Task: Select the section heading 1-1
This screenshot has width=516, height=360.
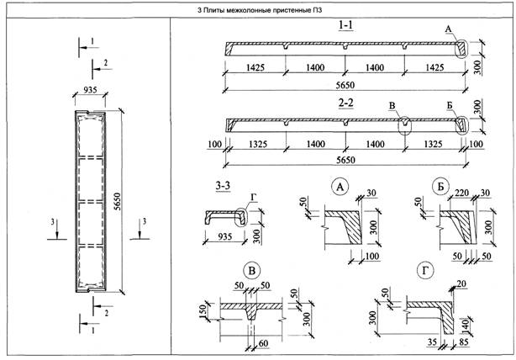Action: (345, 26)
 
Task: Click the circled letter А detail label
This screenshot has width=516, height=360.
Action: (340, 186)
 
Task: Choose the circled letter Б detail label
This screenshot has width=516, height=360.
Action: (438, 186)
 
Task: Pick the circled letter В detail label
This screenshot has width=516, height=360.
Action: (250, 270)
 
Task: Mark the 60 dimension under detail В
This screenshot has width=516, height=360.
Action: (265, 342)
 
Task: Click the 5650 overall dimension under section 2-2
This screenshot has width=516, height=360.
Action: (345, 158)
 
